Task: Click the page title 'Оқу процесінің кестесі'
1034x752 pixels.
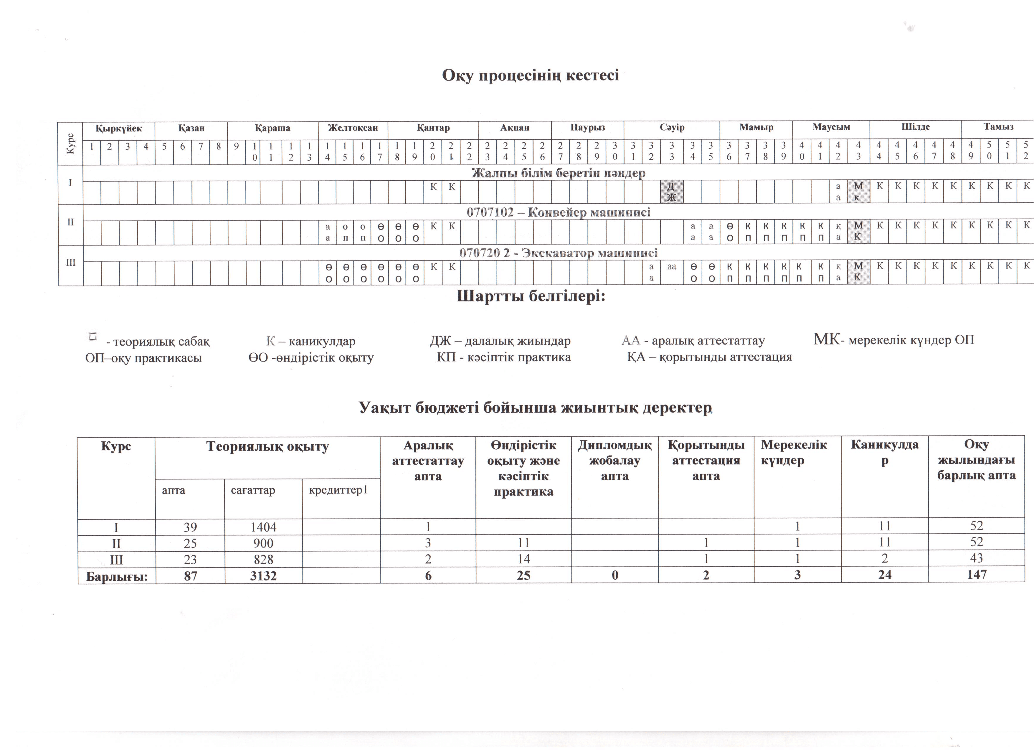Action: pyautogui.click(x=530, y=75)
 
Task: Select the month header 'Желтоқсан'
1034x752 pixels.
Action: pyautogui.click(x=353, y=128)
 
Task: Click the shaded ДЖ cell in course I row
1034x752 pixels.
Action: pyautogui.click(x=672, y=192)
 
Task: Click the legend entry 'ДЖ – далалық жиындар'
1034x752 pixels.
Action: pyautogui.click(x=500, y=341)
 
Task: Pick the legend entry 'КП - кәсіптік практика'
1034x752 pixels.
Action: pyautogui.click(x=503, y=357)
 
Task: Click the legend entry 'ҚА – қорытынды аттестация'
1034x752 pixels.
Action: pyautogui.click(x=709, y=357)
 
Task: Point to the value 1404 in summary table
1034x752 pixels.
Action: pyautogui.click(x=264, y=527)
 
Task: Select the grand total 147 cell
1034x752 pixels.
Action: pyautogui.click(x=977, y=575)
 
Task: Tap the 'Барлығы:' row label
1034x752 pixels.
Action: pyautogui.click(x=117, y=576)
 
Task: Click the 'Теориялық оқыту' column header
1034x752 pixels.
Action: pyautogui.click(x=267, y=446)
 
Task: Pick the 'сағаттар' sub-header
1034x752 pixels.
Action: pyautogui.click(x=253, y=491)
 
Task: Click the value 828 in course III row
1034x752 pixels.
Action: pyautogui.click(x=264, y=559)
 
